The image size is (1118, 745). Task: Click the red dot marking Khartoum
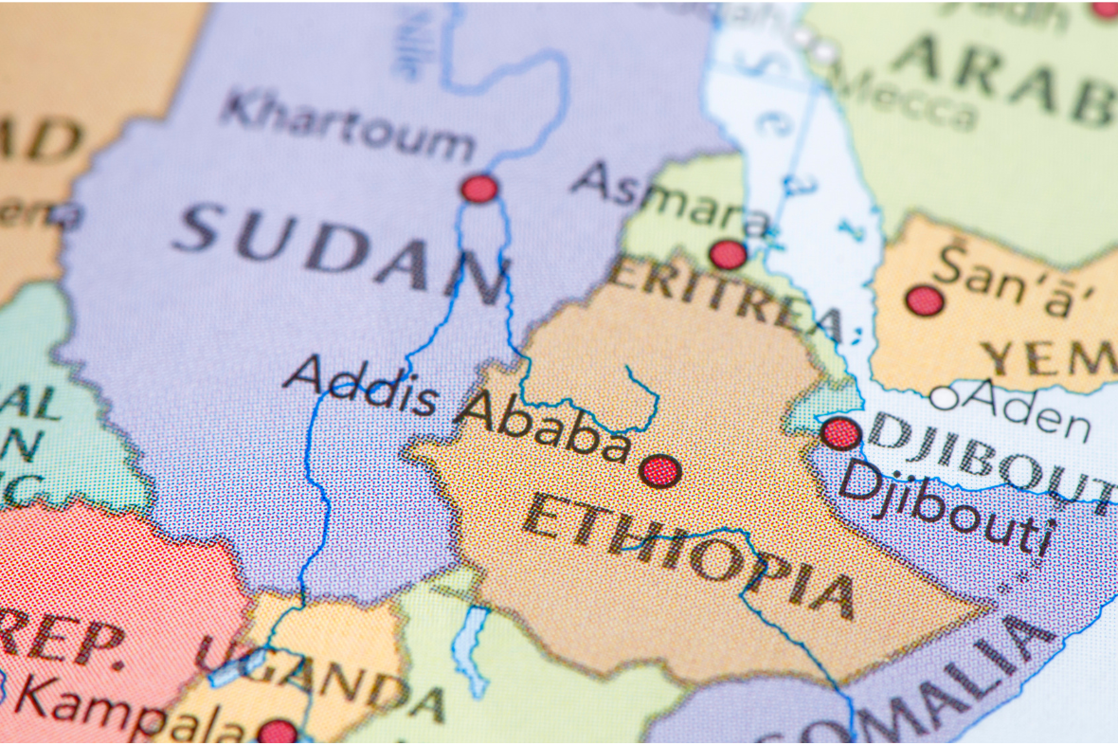(x=479, y=189)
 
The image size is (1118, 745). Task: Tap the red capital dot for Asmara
(x=728, y=254)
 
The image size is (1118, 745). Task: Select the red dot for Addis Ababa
(x=659, y=470)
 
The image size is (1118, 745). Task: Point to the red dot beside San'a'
(x=925, y=300)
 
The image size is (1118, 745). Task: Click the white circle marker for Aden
(x=944, y=398)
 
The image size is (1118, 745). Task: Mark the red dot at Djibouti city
(x=840, y=433)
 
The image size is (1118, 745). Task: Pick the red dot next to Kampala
(x=277, y=731)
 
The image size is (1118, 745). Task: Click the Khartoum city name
(x=347, y=127)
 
